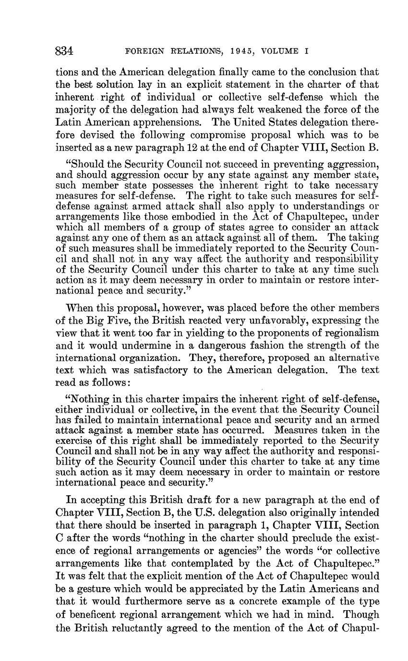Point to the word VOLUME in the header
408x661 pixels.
tap(280, 51)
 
